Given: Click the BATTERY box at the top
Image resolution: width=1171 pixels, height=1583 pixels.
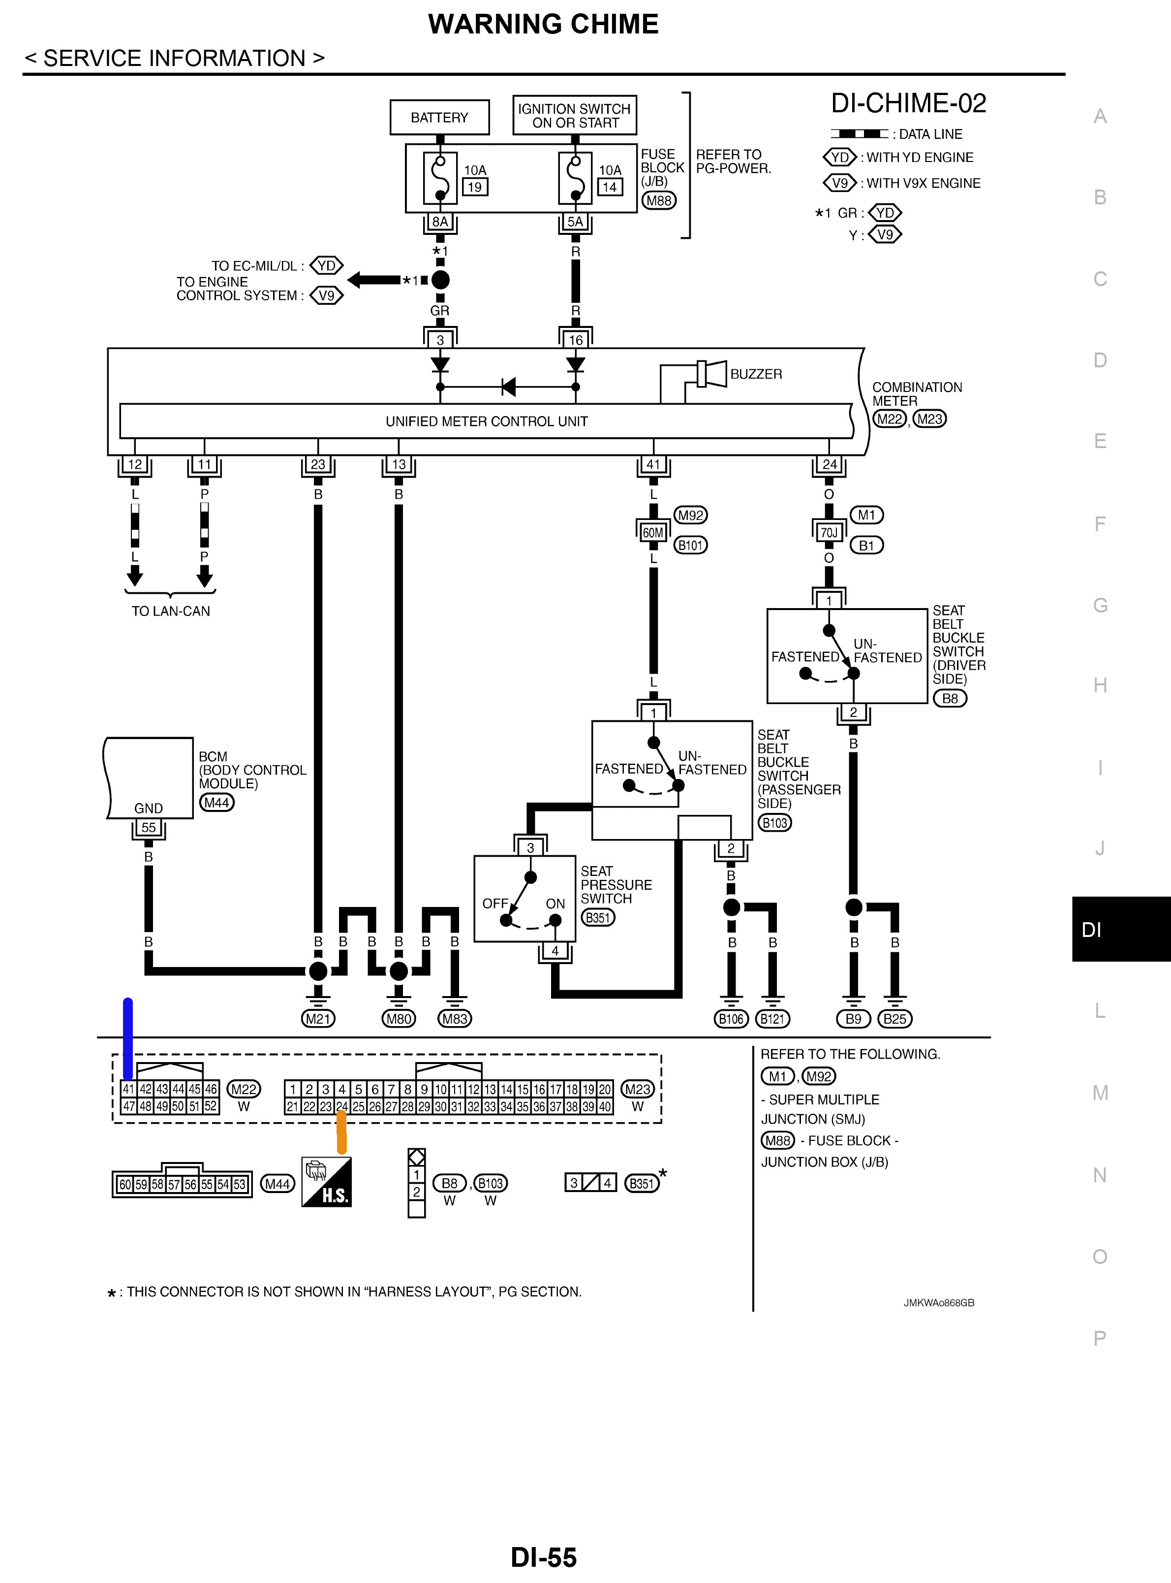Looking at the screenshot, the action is pos(439,117).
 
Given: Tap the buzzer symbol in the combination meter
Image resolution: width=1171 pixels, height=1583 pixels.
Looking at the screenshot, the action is pos(712,374).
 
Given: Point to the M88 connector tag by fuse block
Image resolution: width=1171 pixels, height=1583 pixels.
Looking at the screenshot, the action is pos(658,201).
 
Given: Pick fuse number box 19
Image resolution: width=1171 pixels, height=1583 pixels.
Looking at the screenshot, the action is pos(475,187).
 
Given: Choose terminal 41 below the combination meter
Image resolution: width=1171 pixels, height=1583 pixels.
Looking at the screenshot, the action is pos(653,464).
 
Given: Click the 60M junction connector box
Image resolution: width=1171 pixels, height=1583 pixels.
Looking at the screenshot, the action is pos(653,532).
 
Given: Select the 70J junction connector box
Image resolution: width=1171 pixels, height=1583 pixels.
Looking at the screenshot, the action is pos(829,532).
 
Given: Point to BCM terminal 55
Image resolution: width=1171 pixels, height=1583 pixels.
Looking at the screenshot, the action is pos(148,828).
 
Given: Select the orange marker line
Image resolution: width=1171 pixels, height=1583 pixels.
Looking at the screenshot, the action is pos(341,1132).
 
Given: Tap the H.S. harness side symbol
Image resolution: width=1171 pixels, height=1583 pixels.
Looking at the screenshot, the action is pos(327,1182).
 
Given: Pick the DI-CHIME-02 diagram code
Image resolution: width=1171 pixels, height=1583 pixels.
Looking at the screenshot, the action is pos(909,103).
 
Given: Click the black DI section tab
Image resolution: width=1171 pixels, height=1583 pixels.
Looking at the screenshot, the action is pos(1121,929).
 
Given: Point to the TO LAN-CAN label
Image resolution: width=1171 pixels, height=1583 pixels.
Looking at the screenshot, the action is pos(171,612).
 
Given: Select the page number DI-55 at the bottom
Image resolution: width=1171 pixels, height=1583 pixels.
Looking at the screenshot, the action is pos(544,1557).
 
